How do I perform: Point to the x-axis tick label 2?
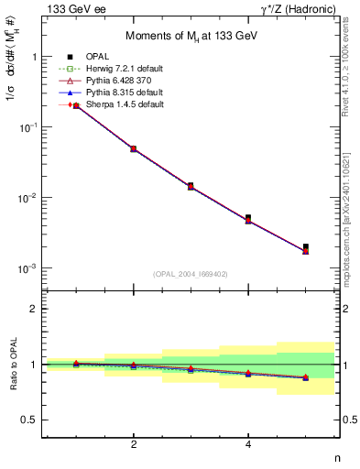pos(134,445)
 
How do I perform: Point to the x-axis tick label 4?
pos(248,445)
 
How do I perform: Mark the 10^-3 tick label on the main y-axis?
pos(27,268)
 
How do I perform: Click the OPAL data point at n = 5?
pos(306,246)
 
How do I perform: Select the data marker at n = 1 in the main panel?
pos(76,106)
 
